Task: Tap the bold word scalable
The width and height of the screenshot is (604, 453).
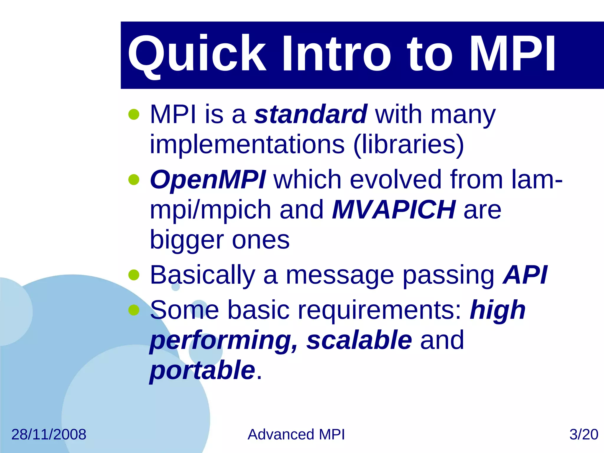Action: click(359, 340)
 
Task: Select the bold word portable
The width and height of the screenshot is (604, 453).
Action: click(202, 370)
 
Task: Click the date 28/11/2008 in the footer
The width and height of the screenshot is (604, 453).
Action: click(49, 434)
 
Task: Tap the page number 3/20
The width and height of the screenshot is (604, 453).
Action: click(583, 434)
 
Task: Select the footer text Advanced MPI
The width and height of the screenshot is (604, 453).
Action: click(296, 434)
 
